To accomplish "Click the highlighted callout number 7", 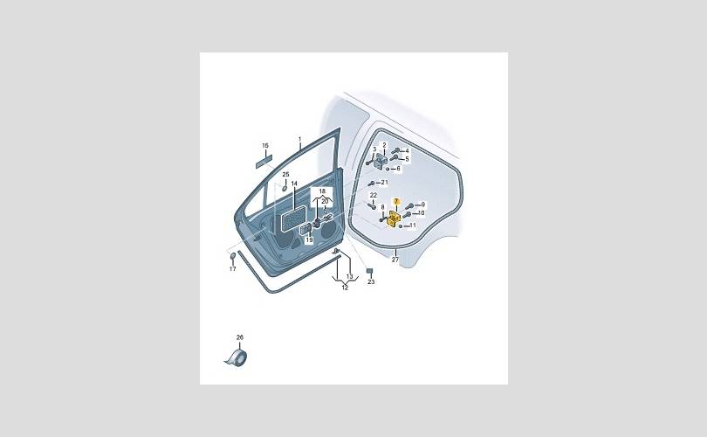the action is [396, 201].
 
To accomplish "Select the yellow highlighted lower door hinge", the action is [394, 219].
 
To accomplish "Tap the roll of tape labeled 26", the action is [237, 357].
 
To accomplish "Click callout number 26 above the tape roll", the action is [240, 337].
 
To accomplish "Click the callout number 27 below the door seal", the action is [395, 260].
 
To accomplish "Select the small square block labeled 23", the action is [370, 271].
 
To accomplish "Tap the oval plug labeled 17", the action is [233, 257].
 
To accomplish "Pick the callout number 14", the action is [294, 184].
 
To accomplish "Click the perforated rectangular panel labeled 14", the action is [294, 218].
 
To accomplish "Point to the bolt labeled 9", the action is [409, 206].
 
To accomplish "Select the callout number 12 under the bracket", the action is [345, 288].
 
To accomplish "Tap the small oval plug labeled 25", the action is [285, 186].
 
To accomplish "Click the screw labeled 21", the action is [372, 184].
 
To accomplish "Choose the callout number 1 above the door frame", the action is [300, 138].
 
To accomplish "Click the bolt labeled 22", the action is [372, 205].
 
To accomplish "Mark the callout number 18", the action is [322, 191].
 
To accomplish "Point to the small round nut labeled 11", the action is [401, 225].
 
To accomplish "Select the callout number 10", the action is [421, 213].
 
